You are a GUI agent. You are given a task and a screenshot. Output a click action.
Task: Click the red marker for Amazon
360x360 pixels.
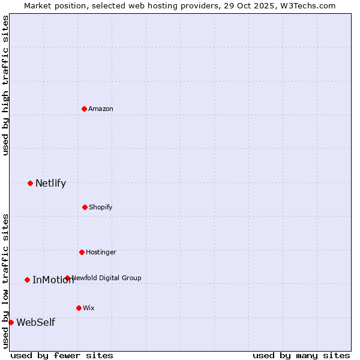(x=84, y=109)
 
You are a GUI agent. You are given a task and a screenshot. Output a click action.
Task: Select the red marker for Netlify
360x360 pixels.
(x=30, y=183)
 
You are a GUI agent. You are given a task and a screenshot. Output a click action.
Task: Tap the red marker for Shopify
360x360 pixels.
(x=85, y=207)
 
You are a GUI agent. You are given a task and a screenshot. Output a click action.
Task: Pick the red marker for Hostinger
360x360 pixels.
(x=82, y=252)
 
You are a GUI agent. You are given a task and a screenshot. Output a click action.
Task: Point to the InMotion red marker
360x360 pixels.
(x=27, y=280)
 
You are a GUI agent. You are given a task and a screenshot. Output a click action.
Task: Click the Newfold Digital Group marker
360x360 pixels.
(x=67, y=278)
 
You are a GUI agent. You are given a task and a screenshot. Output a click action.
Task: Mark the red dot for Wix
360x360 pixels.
(x=79, y=308)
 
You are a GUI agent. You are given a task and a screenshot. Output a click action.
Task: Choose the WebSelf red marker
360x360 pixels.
(x=11, y=322)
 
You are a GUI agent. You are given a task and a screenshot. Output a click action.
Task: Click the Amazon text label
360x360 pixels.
(x=101, y=109)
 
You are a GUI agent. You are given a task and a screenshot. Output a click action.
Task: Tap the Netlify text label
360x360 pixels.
(x=50, y=184)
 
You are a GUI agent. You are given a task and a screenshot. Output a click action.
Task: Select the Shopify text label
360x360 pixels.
(x=101, y=207)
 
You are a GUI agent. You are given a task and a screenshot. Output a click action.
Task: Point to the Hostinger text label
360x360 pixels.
(x=101, y=252)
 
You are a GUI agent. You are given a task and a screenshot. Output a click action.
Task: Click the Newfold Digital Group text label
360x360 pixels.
(x=107, y=278)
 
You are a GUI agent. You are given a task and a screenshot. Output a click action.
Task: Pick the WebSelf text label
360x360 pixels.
(x=35, y=323)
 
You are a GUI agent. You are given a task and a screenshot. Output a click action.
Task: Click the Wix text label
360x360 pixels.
(x=89, y=308)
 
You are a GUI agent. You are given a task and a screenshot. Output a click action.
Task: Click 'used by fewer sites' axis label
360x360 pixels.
(x=62, y=355)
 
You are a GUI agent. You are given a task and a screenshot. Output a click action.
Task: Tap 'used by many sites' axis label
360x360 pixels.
(x=301, y=355)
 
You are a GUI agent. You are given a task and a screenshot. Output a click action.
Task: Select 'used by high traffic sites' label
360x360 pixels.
(x=5, y=85)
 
